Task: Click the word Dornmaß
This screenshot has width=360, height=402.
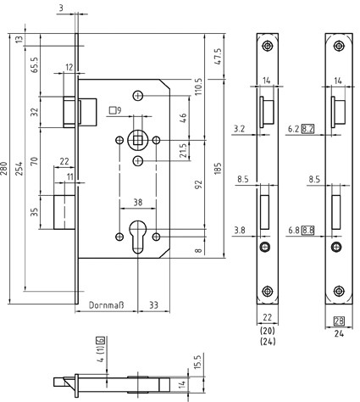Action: point(106,305)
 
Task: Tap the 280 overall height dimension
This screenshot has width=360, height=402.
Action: point(3,169)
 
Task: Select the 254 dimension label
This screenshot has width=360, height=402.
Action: point(19,169)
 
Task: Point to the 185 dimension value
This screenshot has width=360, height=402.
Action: point(218,169)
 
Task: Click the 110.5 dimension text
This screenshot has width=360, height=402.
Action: point(198,87)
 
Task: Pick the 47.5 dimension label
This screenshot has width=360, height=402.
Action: point(218,57)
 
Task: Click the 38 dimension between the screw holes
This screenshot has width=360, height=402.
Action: point(138,203)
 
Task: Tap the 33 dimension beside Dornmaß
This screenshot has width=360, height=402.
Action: point(153,305)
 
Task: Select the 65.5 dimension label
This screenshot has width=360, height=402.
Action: point(35,64)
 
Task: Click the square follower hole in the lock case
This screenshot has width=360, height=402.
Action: point(137,140)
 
